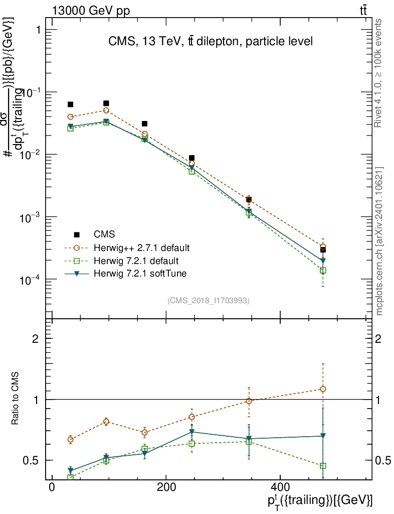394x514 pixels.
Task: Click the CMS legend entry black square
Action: pos(77,234)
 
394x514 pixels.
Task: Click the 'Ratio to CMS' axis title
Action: pos(16,400)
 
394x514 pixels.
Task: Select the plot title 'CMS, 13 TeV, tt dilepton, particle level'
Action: pos(211,42)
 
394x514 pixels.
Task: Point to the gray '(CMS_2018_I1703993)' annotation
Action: pos(209,300)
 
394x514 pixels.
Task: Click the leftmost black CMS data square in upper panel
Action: pos(71,104)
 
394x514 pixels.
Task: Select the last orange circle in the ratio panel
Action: pos(323,389)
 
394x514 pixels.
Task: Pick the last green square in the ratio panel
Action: pos(323,466)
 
